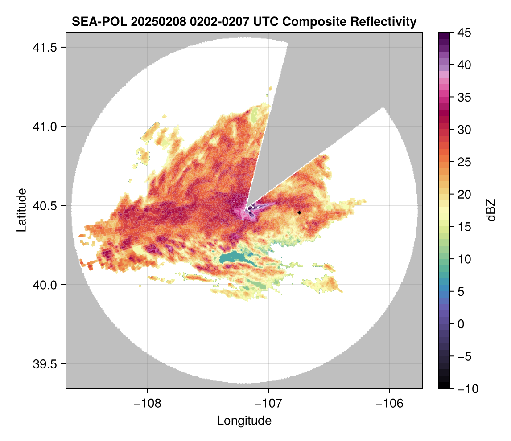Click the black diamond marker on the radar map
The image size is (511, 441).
coord(299,212)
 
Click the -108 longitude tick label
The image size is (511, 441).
coord(147,403)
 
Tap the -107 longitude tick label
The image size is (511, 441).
coord(268,403)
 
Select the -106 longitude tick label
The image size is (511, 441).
coord(390,403)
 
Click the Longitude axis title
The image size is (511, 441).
coord(244,420)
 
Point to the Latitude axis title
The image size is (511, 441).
coord(21,210)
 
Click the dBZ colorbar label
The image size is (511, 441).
coord(491,210)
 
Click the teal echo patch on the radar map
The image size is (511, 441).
coord(237,257)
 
